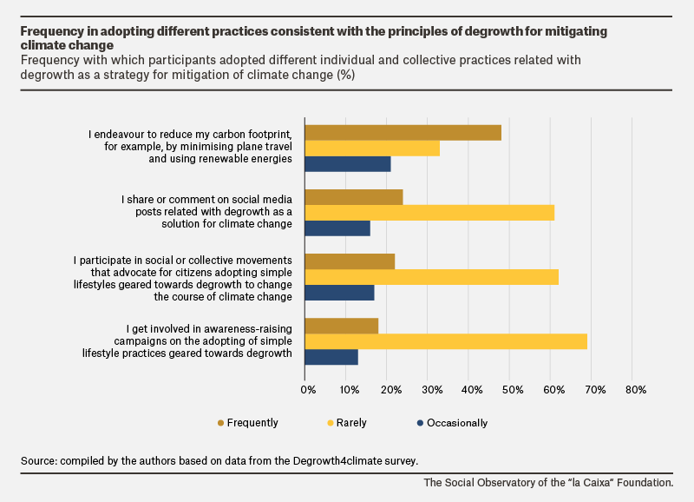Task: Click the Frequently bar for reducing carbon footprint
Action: click(x=403, y=133)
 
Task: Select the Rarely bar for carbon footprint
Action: click(x=372, y=149)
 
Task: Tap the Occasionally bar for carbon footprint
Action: click(x=348, y=164)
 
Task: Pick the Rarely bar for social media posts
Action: click(x=429, y=213)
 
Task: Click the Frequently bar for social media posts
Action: click(x=354, y=197)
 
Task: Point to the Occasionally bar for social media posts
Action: click(x=337, y=228)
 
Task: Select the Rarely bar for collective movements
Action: click(x=431, y=277)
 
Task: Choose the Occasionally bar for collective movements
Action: click(x=339, y=293)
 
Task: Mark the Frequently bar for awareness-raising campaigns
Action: click(x=342, y=326)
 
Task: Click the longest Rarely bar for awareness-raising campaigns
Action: click(x=446, y=341)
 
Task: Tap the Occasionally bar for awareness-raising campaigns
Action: click(x=331, y=357)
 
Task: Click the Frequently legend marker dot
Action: click(x=221, y=423)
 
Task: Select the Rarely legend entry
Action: click(x=347, y=423)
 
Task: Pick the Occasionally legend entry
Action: click(x=452, y=423)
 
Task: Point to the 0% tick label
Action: click(x=308, y=390)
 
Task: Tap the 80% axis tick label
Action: click(x=636, y=390)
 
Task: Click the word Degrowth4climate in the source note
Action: click(x=337, y=461)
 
